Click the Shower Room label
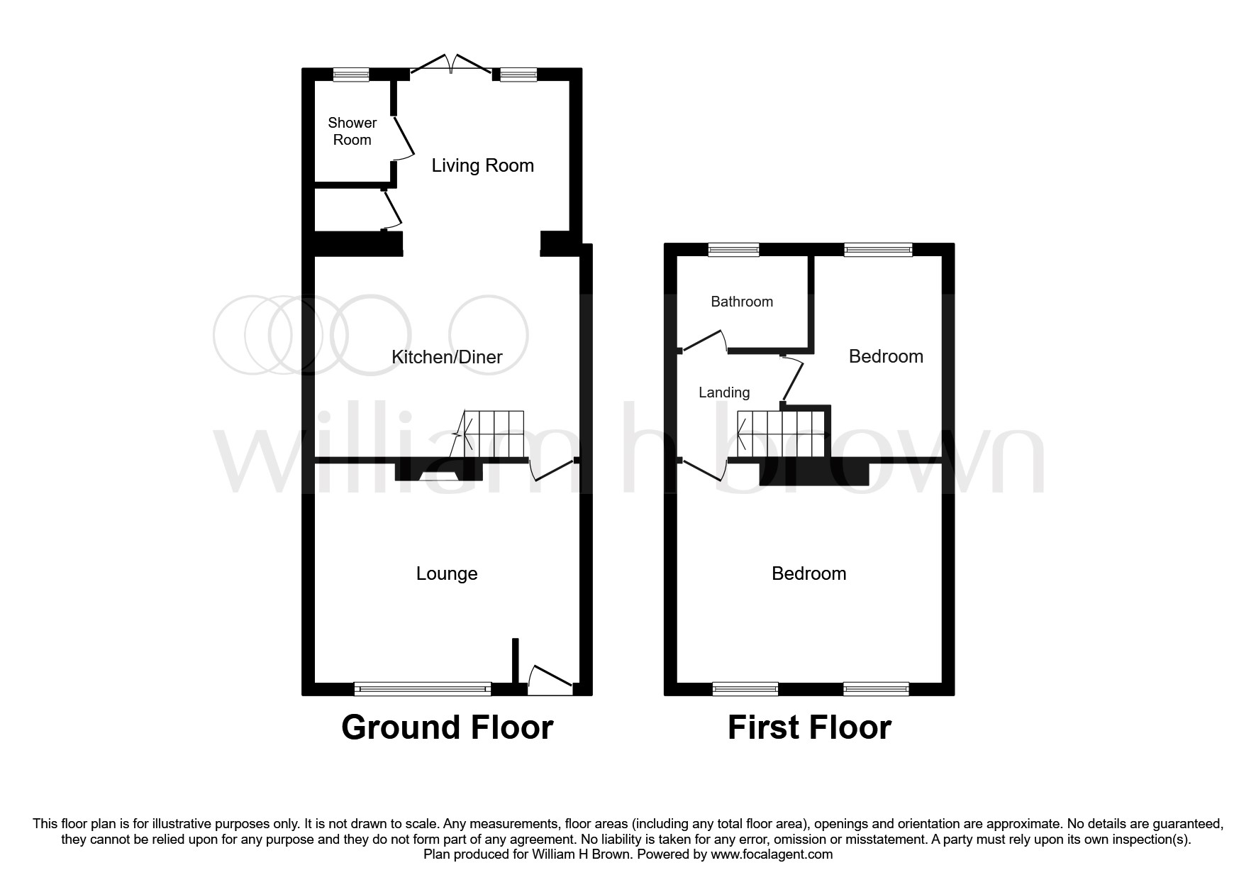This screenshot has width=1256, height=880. tap(352, 131)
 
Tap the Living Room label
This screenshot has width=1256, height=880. tap(482, 165)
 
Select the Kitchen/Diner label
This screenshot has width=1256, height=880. tap(447, 357)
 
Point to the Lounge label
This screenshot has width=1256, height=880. tap(447, 573)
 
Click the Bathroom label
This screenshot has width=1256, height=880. tap(742, 302)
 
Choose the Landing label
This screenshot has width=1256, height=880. tap(724, 392)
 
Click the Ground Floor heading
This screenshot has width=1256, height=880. tap(447, 728)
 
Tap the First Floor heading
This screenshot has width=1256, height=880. tap(809, 728)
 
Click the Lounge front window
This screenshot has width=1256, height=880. tap(423, 688)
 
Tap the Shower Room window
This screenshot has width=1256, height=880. tap(352, 75)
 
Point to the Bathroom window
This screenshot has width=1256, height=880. tap(733, 250)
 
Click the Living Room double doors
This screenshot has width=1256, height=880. tap(451, 64)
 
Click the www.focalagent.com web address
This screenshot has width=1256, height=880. tap(772, 854)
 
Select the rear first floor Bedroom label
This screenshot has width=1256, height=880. tap(886, 356)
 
